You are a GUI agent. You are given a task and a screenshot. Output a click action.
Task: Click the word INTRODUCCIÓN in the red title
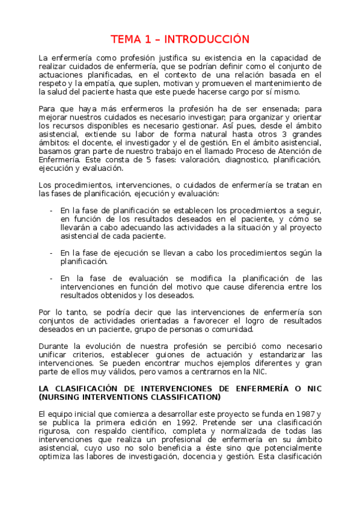point(207,40)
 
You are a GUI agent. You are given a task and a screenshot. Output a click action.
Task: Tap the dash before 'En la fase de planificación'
point(51,210)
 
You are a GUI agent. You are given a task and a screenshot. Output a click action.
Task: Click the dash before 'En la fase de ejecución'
point(51,253)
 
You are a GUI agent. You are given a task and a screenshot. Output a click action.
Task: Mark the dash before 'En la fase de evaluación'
point(51,278)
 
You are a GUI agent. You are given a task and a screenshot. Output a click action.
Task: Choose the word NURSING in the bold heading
point(66,397)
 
